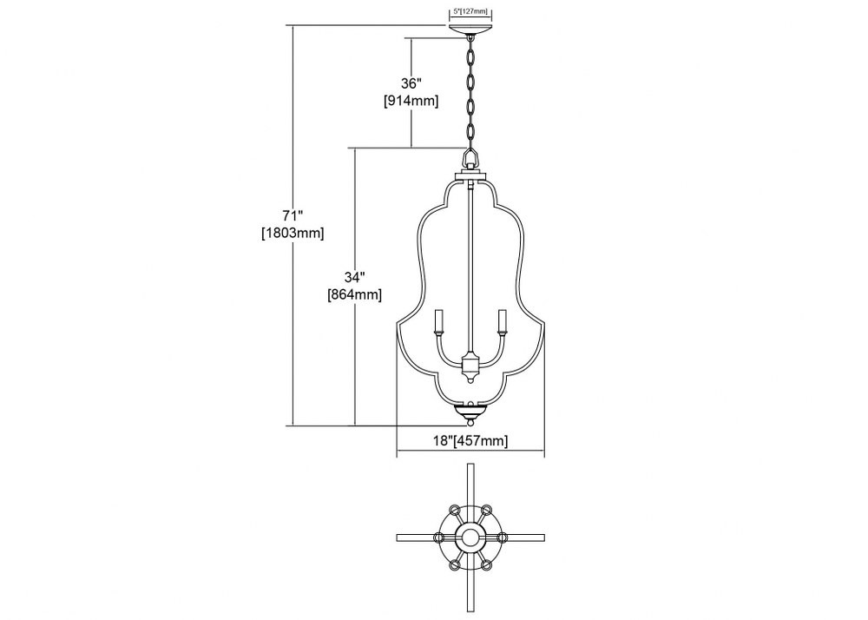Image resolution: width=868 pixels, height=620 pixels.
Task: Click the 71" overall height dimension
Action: pyautogui.click(x=293, y=214)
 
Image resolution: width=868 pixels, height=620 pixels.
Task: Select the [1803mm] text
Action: pyautogui.click(x=293, y=233)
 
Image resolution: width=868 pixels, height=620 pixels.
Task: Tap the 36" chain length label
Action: pyautogui.click(x=411, y=83)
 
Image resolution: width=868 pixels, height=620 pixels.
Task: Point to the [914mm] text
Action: pyautogui.click(x=411, y=102)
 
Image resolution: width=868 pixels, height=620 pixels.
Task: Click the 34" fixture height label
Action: pyautogui.click(x=354, y=276)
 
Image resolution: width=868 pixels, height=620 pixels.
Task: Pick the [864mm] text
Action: pyautogui.click(x=354, y=294)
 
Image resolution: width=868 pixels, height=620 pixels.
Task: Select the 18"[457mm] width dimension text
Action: pyautogui.click(x=470, y=440)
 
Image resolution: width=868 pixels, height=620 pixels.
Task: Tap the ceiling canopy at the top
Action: pyautogui.click(x=470, y=30)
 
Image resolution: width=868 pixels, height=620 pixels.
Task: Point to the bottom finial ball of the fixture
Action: pyautogui.click(x=470, y=422)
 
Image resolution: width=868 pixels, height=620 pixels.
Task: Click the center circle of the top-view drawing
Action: pyautogui.click(x=470, y=537)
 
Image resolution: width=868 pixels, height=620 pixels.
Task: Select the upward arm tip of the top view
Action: pyautogui.click(x=470, y=466)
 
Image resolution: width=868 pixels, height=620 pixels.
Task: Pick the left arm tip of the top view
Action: pyautogui.click(x=399, y=537)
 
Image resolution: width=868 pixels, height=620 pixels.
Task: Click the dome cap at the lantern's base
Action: pyautogui.click(x=470, y=411)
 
